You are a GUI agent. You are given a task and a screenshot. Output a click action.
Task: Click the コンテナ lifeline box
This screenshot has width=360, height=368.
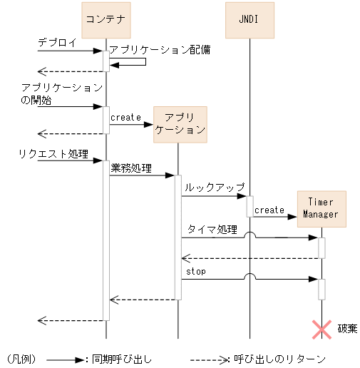pos(106,19)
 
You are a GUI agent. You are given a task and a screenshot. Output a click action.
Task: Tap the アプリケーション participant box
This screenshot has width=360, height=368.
pos(180,124)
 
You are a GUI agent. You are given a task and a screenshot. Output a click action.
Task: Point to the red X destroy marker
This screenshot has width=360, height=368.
pos(322,329)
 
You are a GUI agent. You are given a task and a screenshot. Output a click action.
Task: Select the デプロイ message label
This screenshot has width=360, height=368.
pos(57,44)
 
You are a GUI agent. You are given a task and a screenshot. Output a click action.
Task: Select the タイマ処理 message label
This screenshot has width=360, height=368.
pos(212,230)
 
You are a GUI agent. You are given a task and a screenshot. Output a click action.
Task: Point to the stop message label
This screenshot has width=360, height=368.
pos(195,272)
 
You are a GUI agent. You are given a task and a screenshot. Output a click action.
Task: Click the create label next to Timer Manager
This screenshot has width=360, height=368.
pos(269,210)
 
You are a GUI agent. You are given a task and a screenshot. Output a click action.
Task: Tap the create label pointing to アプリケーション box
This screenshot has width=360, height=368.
pos(125,117)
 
